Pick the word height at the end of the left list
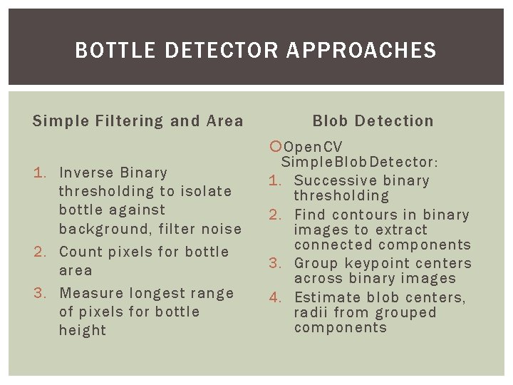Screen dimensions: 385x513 83,330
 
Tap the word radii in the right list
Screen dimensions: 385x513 311,312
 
